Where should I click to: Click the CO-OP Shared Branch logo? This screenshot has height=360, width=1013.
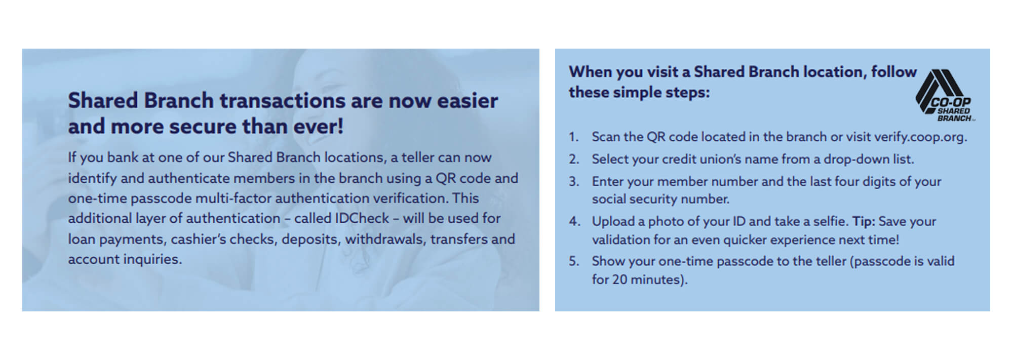[x=945, y=96]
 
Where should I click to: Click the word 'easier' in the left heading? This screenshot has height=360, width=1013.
[x=467, y=100]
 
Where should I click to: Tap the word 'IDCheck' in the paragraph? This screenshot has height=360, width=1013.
[x=362, y=218]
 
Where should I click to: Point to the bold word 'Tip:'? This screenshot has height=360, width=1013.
[x=864, y=221]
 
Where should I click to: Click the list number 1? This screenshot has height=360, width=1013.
[x=573, y=137]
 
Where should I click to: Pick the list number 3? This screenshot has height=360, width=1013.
[x=574, y=181]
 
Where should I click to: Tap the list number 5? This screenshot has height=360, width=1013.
[x=574, y=261]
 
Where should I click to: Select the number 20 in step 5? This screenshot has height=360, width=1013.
[x=620, y=279]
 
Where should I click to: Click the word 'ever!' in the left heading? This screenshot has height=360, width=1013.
[x=319, y=126]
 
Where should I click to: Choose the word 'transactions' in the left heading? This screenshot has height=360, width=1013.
[x=282, y=100]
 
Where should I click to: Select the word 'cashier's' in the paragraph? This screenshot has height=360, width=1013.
[x=198, y=238]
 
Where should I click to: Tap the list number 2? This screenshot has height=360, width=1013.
[x=574, y=159]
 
